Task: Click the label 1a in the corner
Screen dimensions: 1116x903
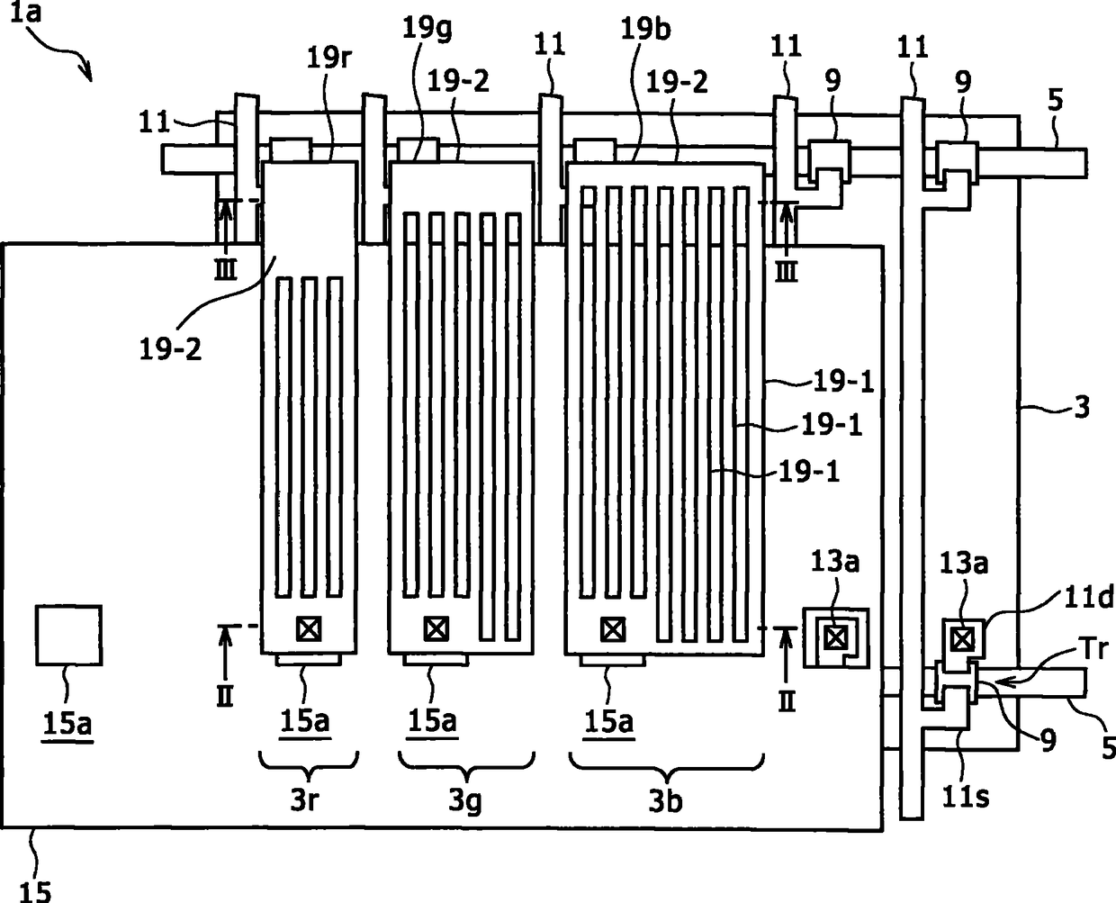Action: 25,12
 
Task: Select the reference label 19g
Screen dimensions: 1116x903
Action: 427,28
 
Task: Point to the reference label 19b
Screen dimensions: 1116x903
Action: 645,28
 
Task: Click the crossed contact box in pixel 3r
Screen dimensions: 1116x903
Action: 309,628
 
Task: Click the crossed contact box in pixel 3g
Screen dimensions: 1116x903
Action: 436,628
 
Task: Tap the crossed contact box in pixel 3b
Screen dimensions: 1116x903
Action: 613,629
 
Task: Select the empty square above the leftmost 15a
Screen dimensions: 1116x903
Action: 68,636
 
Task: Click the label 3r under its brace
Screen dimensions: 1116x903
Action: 305,799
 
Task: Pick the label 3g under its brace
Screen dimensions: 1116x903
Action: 465,801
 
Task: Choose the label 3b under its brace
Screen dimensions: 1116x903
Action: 665,800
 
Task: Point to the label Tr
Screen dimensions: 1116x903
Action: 1094,648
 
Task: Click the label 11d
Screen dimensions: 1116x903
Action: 1088,598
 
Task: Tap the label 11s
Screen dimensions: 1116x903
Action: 965,797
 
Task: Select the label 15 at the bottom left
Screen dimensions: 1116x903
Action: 35,891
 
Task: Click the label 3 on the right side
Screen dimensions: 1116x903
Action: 1082,407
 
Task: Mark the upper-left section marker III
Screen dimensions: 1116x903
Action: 225,269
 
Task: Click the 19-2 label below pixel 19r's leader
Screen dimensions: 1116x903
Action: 170,349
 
